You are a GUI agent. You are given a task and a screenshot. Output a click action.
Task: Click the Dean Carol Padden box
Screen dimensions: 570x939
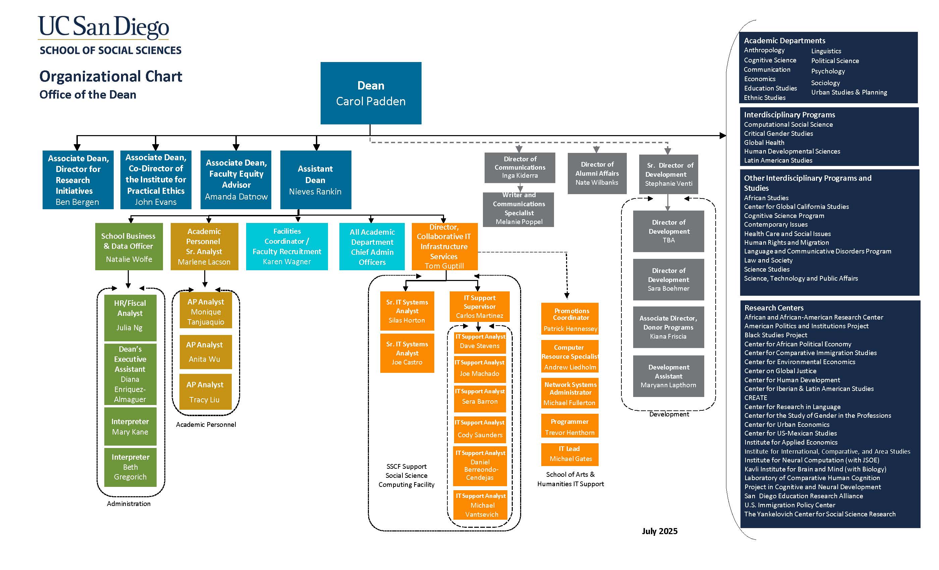click(371, 93)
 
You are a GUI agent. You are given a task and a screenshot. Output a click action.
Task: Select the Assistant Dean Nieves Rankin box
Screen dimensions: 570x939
click(315, 179)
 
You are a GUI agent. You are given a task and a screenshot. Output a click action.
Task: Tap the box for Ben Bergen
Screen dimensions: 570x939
click(78, 179)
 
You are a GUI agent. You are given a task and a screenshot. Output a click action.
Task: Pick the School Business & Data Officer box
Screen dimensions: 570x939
click(129, 246)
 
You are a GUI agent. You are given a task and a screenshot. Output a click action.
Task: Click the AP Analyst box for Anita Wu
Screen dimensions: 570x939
click(205, 352)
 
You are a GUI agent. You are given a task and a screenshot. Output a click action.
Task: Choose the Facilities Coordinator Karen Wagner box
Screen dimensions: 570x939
click(287, 246)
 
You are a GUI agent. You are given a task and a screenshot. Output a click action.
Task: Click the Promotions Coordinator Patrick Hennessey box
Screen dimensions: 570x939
click(570, 319)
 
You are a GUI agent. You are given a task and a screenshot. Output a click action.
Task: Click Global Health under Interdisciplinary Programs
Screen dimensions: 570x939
click(764, 142)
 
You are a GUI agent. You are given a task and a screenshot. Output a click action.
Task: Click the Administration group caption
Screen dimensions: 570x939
click(128, 503)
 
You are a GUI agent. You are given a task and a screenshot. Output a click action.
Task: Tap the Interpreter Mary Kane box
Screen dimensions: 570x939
click(130, 426)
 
